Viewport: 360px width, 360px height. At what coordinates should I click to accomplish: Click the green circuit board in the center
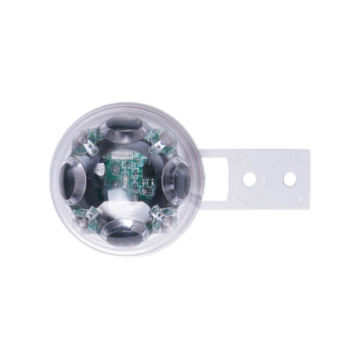(125, 178)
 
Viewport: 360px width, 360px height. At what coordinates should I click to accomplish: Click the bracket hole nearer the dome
(249, 179)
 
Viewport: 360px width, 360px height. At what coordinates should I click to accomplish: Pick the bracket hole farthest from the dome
(290, 179)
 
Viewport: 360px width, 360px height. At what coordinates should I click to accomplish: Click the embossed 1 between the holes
(269, 179)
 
